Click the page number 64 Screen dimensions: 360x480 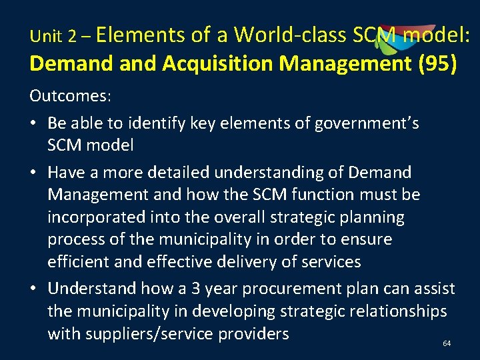pos(447,343)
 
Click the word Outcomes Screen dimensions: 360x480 pos(70,96)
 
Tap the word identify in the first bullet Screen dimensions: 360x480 pos(169,123)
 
